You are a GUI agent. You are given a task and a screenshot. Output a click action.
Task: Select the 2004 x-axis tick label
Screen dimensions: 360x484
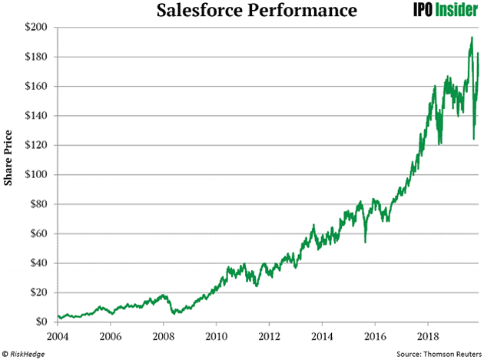click(x=58, y=336)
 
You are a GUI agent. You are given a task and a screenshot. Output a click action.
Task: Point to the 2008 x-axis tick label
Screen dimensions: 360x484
click(x=164, y=336)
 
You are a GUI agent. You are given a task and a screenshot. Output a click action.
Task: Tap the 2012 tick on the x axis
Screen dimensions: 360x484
click(x=269, y=336)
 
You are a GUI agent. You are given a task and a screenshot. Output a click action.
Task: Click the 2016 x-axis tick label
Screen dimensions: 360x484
click(x=374, y=336)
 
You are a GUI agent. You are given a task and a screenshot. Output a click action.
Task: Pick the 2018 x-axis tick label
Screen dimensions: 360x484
click(x=427, y=336)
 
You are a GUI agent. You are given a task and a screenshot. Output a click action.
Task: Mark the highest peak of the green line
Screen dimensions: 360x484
click(x=471, y=38)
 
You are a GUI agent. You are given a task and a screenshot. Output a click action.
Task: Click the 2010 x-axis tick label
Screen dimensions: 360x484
click(x=217, y=336)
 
